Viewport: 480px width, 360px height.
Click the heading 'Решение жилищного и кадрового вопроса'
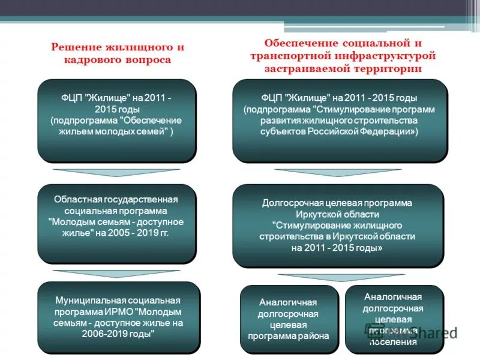coord(117,53)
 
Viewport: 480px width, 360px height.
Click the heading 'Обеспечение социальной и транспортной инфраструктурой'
coord(343,50)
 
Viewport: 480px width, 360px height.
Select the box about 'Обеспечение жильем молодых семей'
coord(117,121)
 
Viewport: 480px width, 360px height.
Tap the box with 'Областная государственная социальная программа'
coord(117,224)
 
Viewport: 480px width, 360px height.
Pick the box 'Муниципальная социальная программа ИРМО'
coord(117,317)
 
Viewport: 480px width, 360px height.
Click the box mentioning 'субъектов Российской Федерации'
coord(340,121)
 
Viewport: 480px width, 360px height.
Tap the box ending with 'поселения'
coord(393,319)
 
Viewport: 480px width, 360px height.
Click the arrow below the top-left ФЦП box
coord(116,173)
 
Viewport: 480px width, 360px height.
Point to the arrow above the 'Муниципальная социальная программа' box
coord(116,274)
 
